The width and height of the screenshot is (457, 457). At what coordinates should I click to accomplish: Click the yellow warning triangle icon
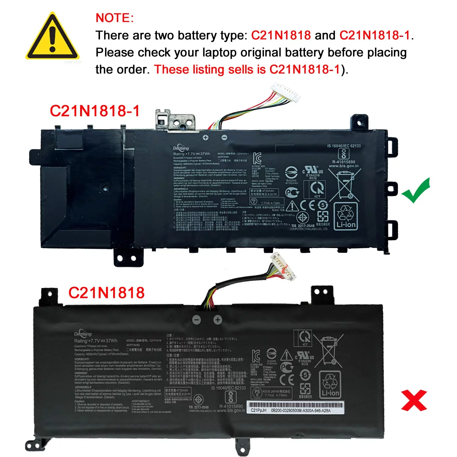point(52,37)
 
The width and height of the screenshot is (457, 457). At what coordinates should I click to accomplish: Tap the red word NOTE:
point(115,18)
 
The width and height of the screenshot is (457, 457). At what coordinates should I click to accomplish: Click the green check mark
point(416,191)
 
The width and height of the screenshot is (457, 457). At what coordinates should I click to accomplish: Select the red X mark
point(414,400)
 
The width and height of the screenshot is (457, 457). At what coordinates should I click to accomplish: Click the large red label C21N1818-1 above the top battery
point(94,111)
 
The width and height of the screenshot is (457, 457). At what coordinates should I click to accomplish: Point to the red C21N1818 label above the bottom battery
point(106,293)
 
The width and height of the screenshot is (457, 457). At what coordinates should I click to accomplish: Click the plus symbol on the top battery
point(206,138)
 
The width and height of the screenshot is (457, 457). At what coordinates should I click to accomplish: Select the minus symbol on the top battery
point(224,138)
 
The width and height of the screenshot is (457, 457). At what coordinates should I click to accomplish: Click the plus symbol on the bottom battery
point(218,320)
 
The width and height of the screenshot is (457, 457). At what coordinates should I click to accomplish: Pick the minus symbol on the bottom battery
point(197,320)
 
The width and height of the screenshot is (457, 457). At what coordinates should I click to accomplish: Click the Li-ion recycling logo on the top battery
point(346,216)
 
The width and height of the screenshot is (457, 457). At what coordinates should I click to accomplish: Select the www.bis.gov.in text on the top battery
point(344,166)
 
